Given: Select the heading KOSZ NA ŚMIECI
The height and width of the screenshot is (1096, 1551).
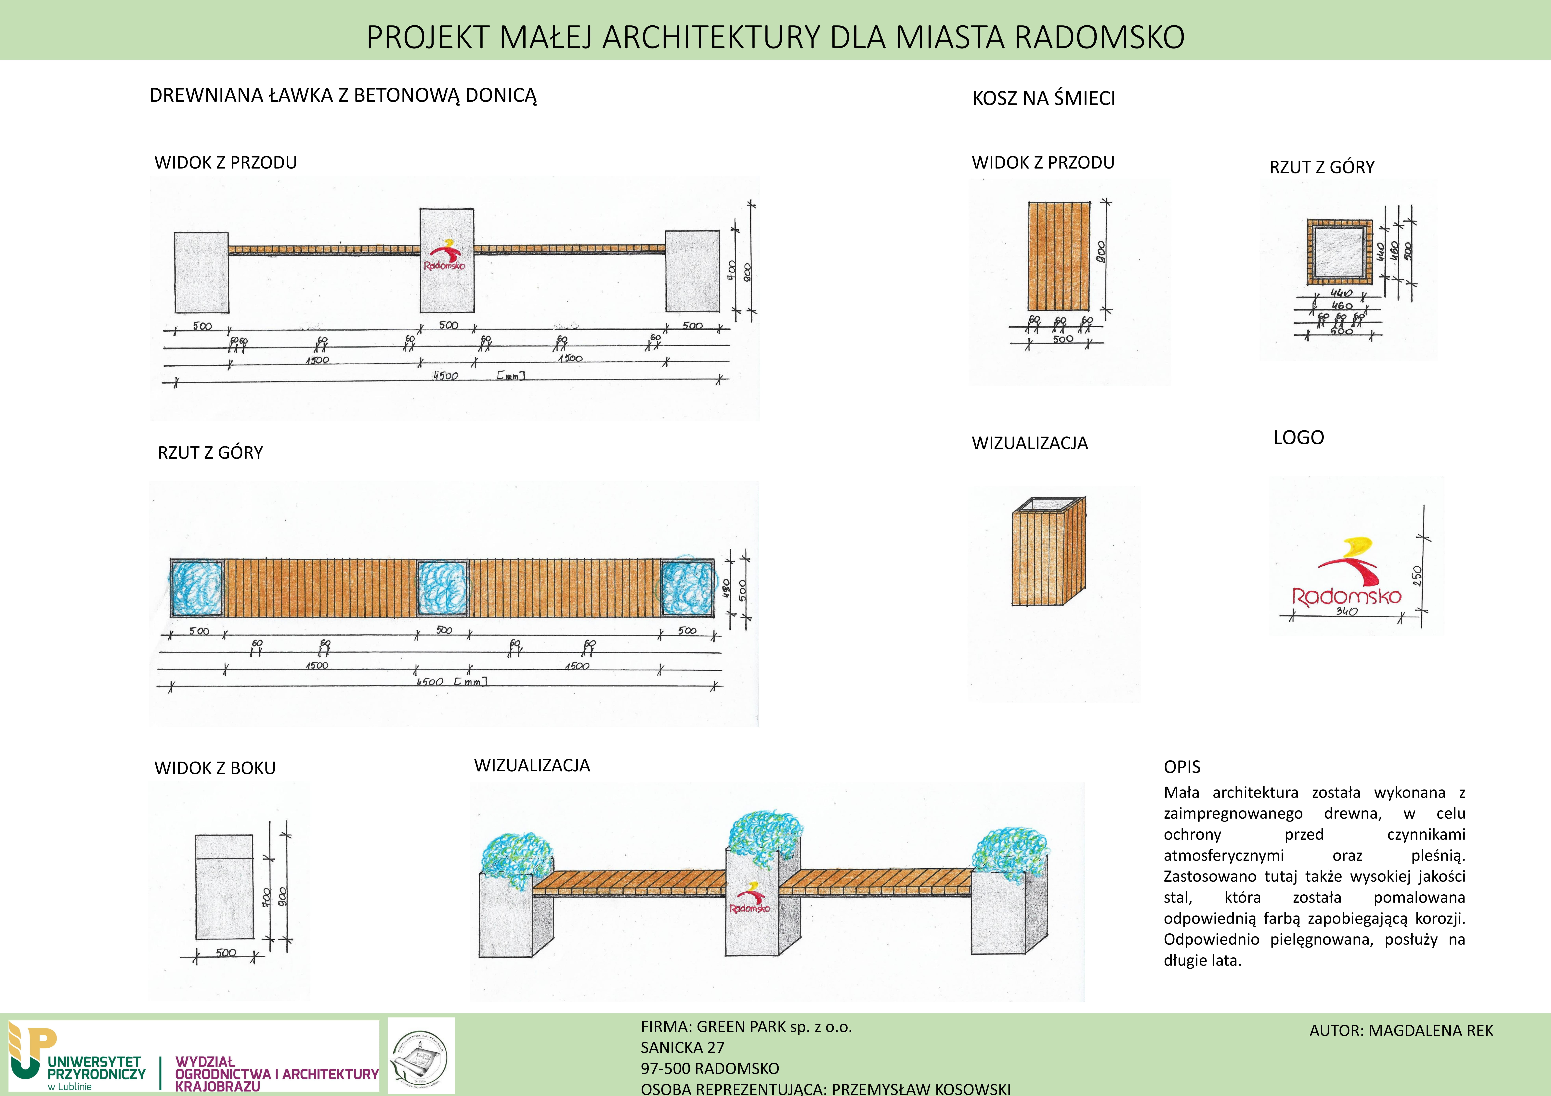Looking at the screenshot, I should click(x=1044, y=99).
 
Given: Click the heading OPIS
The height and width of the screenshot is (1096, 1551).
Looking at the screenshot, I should click(x=1181, y=767).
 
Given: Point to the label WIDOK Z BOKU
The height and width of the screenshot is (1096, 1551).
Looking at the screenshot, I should click(x=215, y=768).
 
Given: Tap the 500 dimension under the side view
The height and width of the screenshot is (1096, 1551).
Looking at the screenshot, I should click(x=226, y=953).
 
